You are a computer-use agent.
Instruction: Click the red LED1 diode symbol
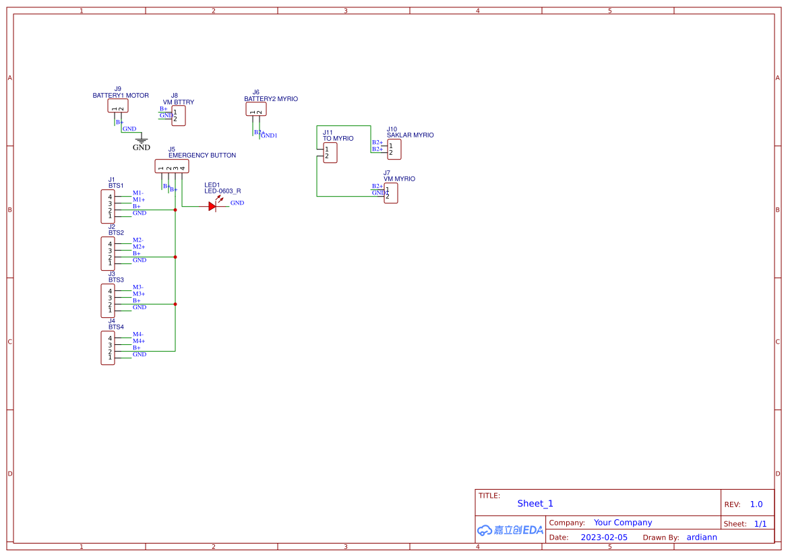[x=213, y=207]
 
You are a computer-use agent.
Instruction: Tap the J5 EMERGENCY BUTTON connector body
[x=171, y=166]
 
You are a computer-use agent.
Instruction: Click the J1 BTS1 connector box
[x=108, y=207]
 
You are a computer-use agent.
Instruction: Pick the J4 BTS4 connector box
[x=108, y=348]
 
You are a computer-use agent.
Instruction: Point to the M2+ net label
[x=139, y=247]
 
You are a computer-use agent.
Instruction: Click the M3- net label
[x=138, y=288]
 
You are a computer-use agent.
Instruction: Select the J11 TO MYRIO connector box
[x=330, y=153]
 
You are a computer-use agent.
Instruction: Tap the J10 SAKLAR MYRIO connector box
[x=394, y=150]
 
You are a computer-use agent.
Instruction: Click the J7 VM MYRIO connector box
[x=391, y=193]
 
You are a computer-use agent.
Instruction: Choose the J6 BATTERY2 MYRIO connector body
[x=255, y=109]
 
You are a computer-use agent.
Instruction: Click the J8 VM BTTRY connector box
[x=178, y=116]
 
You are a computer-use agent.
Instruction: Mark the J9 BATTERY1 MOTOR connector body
[x=117, y=106]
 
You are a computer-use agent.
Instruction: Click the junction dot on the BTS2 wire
[x=175, y=257]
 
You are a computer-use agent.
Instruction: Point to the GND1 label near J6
[x=270, y=136]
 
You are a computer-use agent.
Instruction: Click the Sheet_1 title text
[x=535, y=504]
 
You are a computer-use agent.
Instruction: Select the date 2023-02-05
[x=604, y=537]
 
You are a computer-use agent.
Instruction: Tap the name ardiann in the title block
[x=702, y=537]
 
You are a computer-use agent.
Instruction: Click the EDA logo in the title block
[x=510, y=530]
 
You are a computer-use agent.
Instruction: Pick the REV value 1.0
[x=756, y=504]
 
